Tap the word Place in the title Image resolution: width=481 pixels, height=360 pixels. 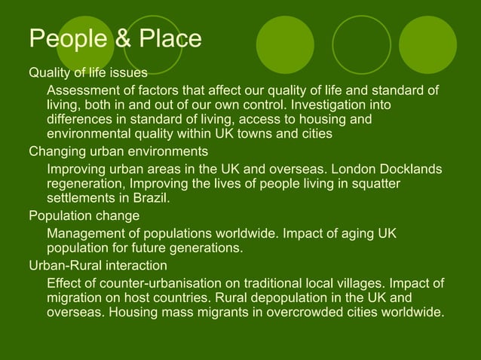167,39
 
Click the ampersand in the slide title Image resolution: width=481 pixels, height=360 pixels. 121,39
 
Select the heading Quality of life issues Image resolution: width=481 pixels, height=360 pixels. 87,73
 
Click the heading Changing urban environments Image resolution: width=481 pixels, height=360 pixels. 118,151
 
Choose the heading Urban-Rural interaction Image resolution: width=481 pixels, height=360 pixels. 98,265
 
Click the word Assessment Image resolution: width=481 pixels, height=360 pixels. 85,91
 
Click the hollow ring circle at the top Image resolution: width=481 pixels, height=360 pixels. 361,44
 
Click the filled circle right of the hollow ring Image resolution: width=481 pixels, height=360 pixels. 427,44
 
